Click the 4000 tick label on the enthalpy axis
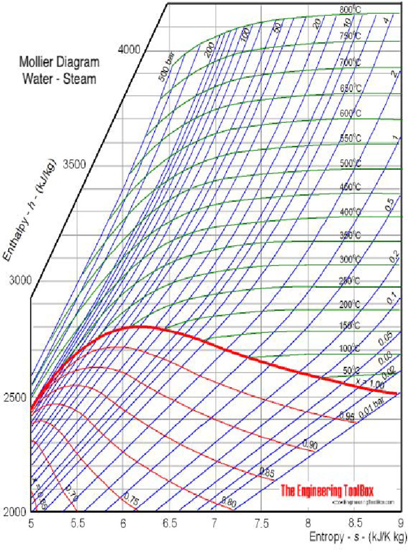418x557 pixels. (129, 49)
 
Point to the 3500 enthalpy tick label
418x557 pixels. (75, 164)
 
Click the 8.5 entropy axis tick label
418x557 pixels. (354, 523)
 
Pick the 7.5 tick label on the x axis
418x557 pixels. (262, 523)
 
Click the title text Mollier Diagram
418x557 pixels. (59, 61)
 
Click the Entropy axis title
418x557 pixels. (358, 537)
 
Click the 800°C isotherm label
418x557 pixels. (351, 10)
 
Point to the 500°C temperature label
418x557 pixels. (351, 163)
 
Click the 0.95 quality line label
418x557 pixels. (347, 416)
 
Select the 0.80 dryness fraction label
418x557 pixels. (229, 502)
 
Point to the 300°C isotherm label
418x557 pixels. (351, 259)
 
